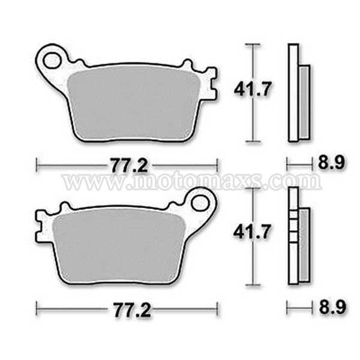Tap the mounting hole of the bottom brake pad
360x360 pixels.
[x=199, y=203]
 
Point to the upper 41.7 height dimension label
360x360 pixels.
[x=253, y=89]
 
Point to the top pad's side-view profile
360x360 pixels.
[x=294, y=93]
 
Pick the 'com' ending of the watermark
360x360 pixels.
[x=296, y=181]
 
